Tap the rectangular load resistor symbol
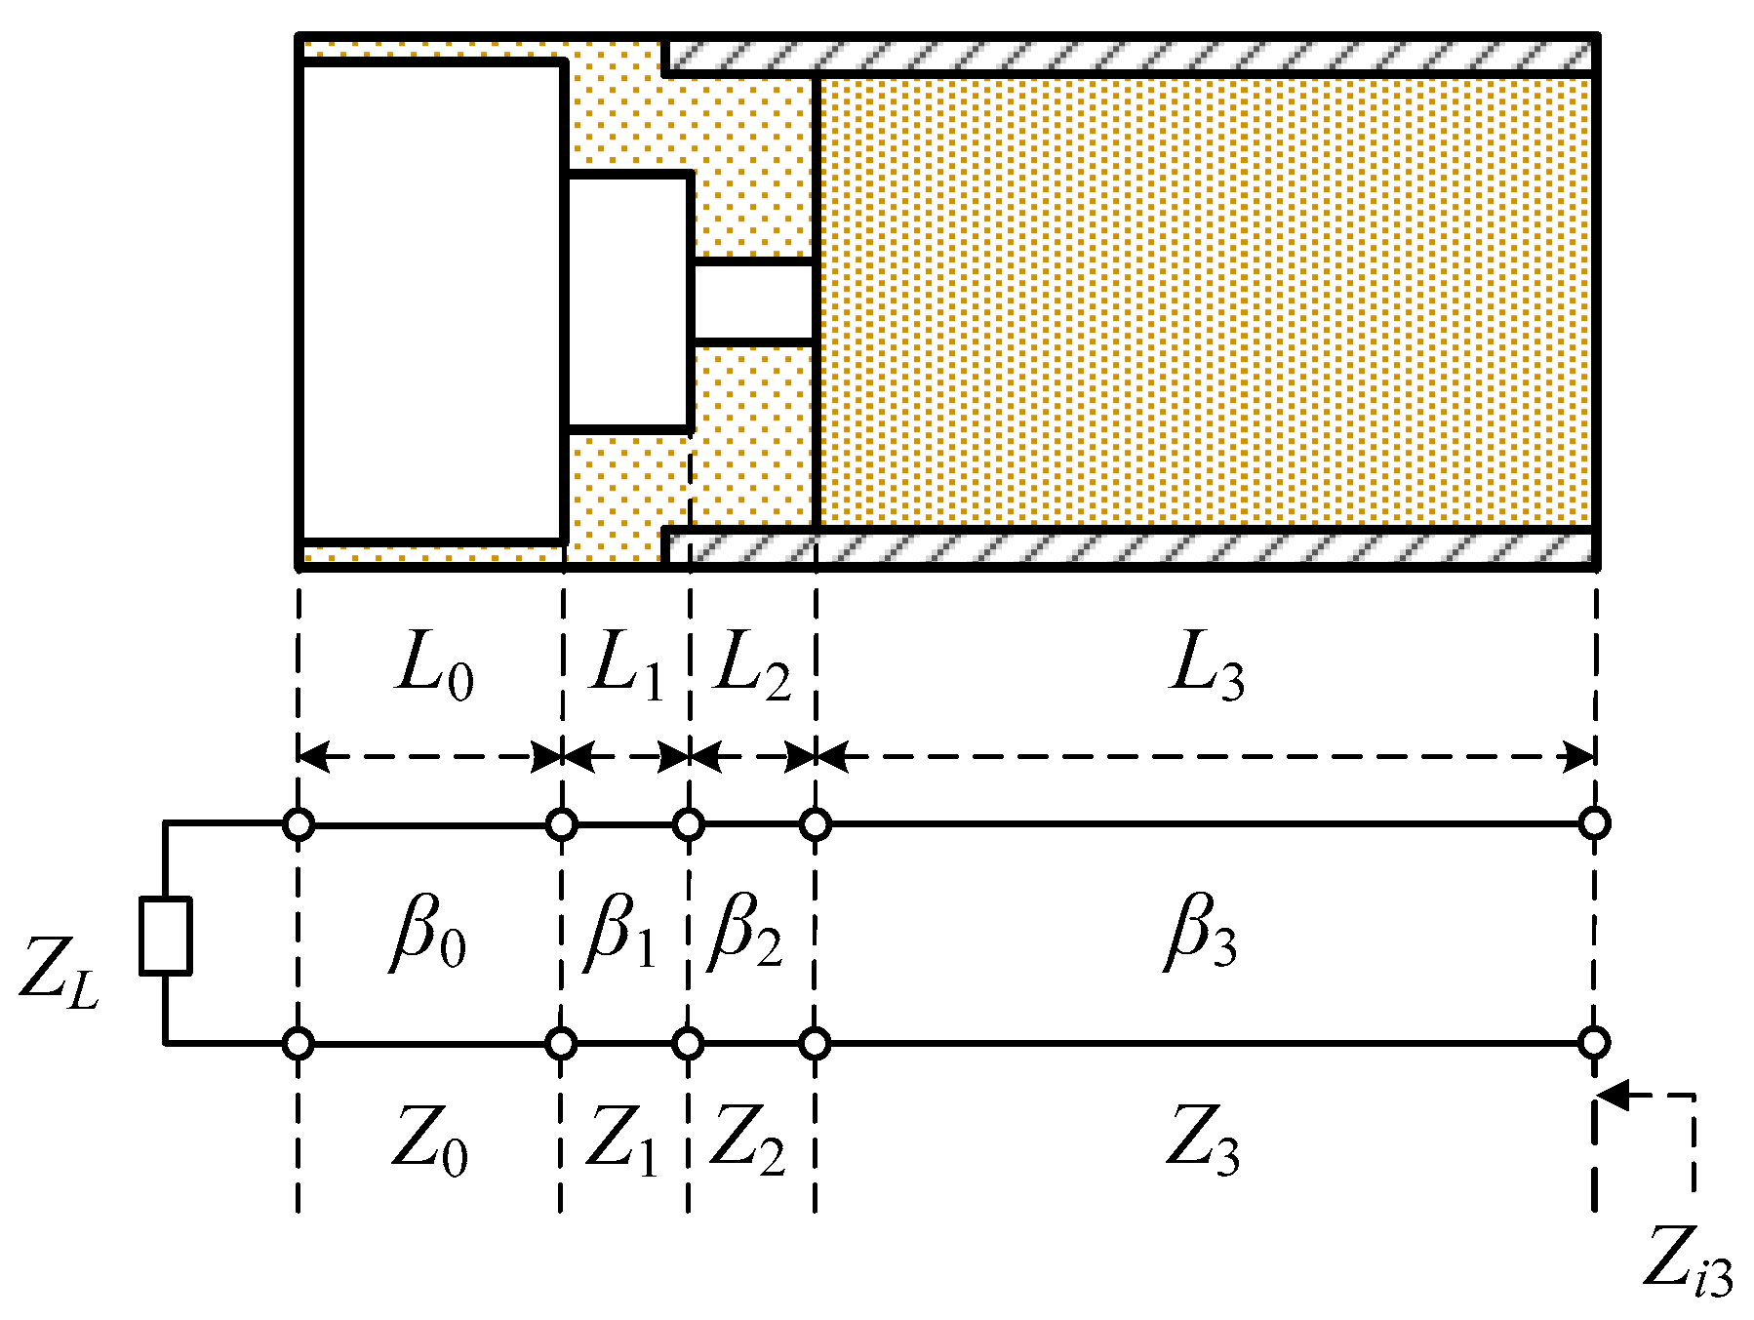pyautogui.click(x=165, y=936)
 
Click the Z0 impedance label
pyautogui.click(x=430, y=1140)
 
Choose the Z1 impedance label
pyautogui.click(x=622, y=1140)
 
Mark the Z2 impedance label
pyautogui.click(x=747, y=1140)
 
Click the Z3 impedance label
pyautogui.click(x=1204, y=1140)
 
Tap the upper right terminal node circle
pyautogui.click(x=1594, y=823)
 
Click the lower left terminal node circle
pyautogui.click(x=299, y=1044)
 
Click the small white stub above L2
pyautogui.click(x=752, y=301)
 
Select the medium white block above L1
pyautogui.click(x=629, y=301)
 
